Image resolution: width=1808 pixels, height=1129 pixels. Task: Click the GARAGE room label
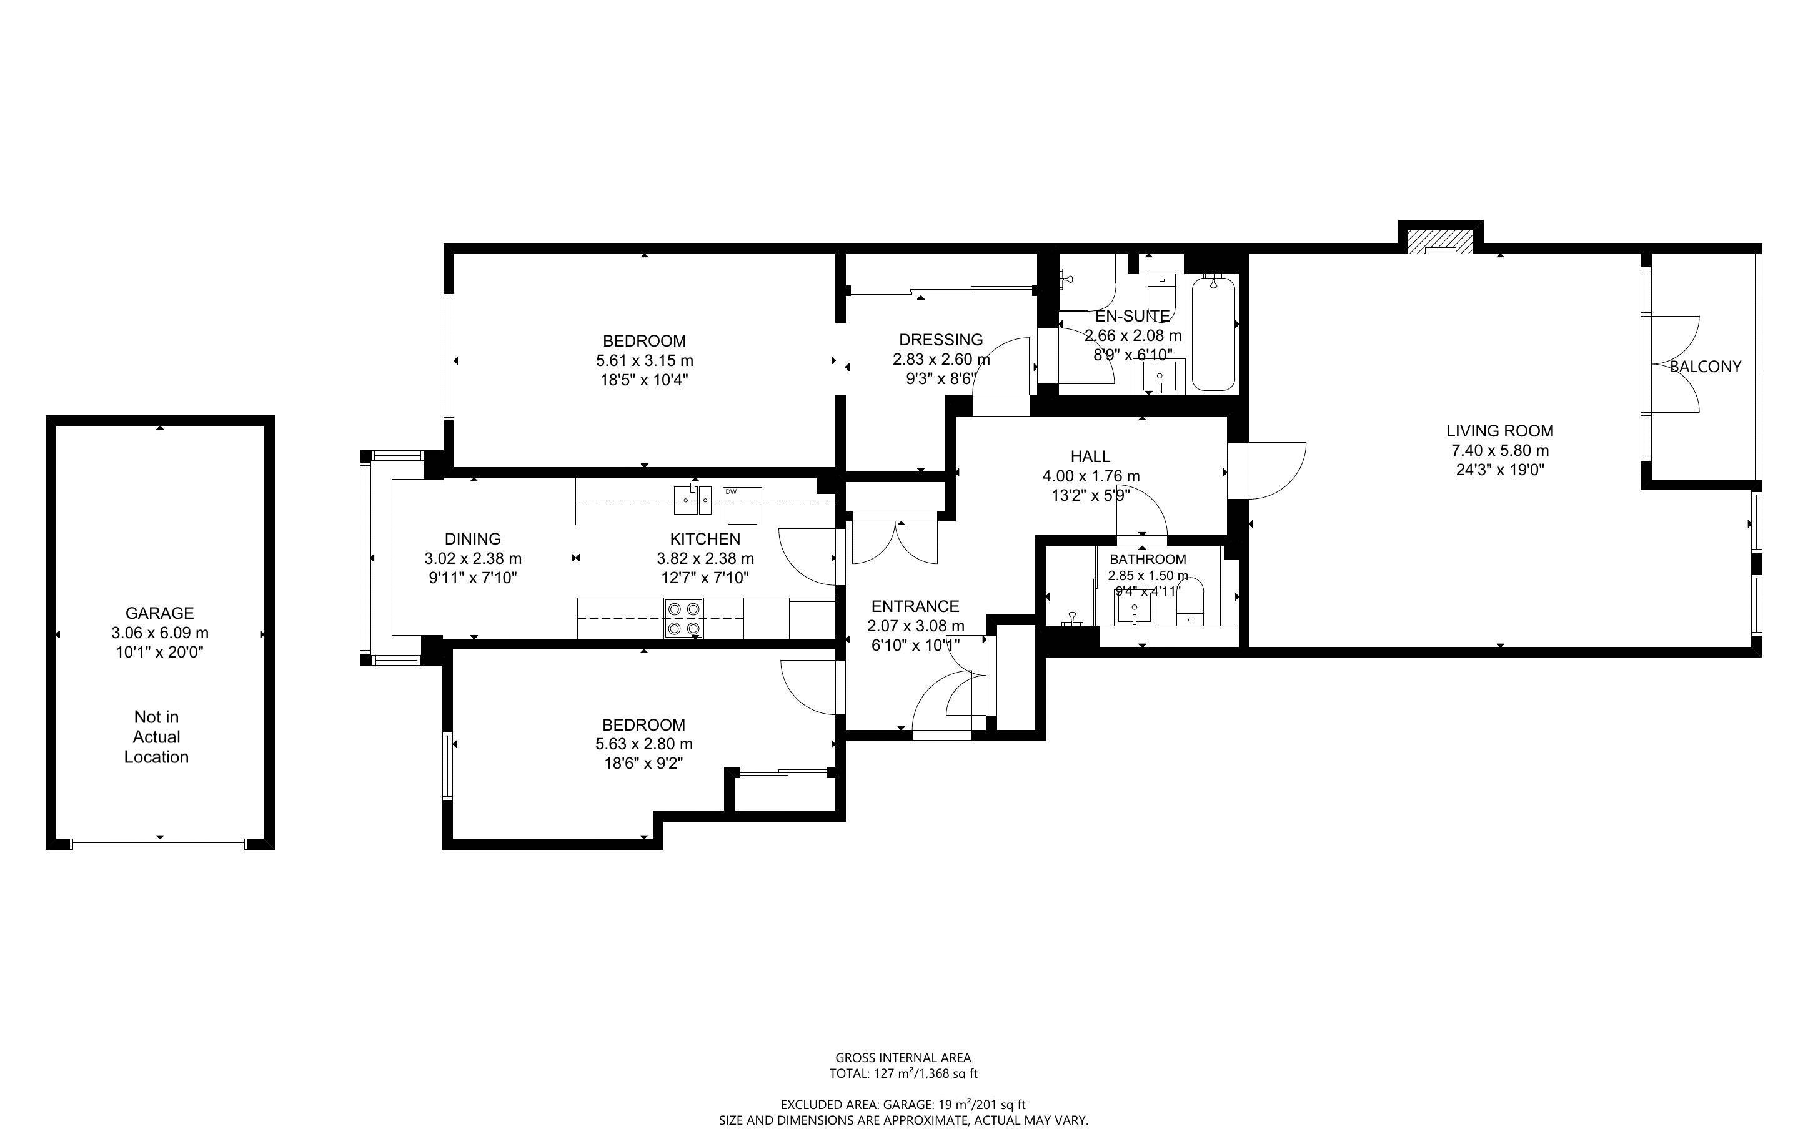click(x=159, y=613)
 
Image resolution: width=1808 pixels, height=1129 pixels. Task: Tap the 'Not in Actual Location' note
click(x=156, y=737)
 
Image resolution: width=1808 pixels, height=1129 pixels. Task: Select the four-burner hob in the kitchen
click(x=684, y=619)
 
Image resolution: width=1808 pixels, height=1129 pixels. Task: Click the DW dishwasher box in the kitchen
click(x=742, y=506)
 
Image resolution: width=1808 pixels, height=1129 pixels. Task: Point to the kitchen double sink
click(x=692, y=500)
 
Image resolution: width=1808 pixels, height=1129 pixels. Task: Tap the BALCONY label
click(x=1705, y=367)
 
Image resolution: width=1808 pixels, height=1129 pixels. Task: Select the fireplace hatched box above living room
click(x=1440, y=240)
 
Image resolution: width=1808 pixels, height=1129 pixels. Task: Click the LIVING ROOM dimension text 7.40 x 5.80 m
click(x=1499, y=451)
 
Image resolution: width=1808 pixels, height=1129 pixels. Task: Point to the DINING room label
click(x=473, y=538)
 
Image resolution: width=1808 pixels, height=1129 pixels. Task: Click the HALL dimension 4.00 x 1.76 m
click(x=1090, y=476)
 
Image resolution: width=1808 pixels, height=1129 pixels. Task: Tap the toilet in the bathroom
click(x=1190, y=602)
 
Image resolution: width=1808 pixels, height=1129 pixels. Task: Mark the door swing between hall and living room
click(x=1276, y=470)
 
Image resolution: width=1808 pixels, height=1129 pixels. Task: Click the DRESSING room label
click(x=941, y=340)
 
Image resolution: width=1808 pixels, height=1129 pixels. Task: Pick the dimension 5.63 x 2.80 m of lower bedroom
click(x=643, y=744)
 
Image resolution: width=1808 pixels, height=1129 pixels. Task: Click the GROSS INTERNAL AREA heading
click(x=903, y=1057)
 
